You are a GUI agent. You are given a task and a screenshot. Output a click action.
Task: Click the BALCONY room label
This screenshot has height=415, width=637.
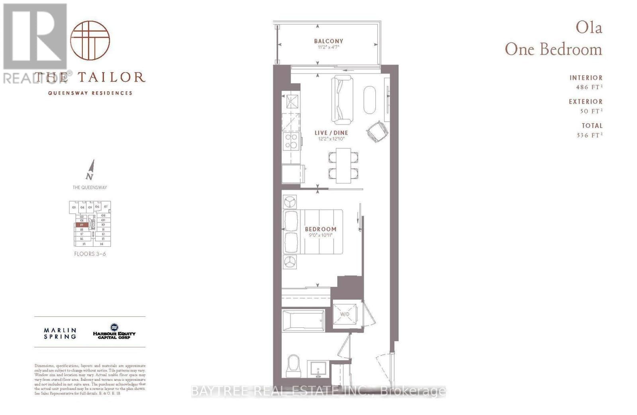(328, 41)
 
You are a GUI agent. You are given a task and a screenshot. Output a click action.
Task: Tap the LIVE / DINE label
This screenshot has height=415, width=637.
(331, 133)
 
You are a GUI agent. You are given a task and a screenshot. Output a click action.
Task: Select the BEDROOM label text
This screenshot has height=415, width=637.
(320, 229)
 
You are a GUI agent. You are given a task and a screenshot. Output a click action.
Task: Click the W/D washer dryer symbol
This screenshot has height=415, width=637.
(345, 314)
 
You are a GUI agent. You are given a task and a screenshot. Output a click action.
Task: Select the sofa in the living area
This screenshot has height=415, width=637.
(342, 99)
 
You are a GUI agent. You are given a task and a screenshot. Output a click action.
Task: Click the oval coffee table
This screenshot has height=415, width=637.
(369, 100)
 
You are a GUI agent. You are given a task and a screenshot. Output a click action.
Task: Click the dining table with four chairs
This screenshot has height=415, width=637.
(343, 166)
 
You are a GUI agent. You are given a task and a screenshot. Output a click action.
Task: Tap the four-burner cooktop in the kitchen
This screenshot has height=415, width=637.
(291, 141)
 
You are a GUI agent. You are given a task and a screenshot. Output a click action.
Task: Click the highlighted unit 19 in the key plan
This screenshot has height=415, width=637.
(81, 225)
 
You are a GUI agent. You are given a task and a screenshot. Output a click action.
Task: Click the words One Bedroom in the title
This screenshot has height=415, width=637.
(553, 50)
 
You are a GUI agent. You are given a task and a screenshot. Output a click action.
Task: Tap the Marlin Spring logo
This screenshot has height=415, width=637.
(60, 333)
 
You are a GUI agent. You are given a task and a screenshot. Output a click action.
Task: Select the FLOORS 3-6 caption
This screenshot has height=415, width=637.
(90, 254)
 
